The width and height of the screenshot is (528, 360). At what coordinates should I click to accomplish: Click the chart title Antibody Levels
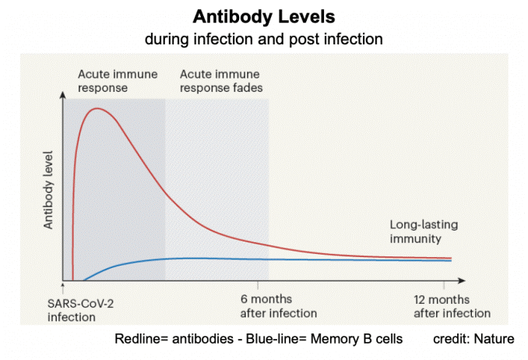point(263,16)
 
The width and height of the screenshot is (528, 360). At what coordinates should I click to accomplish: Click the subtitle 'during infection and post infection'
point(263,37)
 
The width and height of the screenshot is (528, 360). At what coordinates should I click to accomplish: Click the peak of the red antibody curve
point(98,109)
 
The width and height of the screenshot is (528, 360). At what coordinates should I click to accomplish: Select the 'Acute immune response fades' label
point(221,81)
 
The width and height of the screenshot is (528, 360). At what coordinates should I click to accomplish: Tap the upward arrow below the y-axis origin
point(62,289)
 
